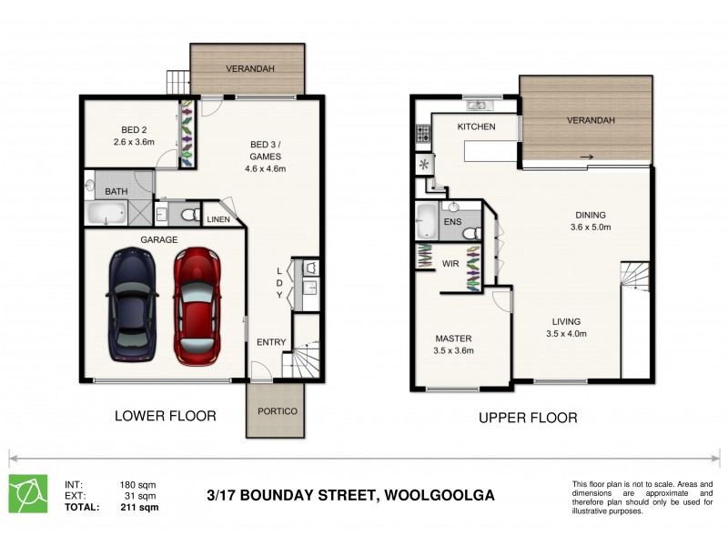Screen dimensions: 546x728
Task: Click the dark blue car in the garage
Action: pyautogui.click(x=133, y=305)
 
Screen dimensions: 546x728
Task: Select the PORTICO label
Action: pyautogui.click(x=278, y=411)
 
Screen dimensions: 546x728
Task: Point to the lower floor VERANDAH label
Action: pyautogui.click(x=249, y=68)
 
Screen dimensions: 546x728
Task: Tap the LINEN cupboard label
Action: pyautogui.click(x=218, y=219)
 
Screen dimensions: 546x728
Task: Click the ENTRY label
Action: pyautogui.click(x=271, y=342)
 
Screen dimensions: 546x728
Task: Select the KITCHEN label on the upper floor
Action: pyautogui.click(x=476, y=126)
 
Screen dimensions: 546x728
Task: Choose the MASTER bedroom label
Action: pyautogui.click(x=453, y=338)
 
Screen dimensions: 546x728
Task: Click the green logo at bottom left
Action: pyautogui.click(x=28, y=493)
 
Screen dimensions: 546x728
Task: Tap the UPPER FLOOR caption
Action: pyautogui.click(x=528, y=418)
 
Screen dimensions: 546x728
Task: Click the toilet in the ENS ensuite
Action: pyautogui.click(x=470, y=234)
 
